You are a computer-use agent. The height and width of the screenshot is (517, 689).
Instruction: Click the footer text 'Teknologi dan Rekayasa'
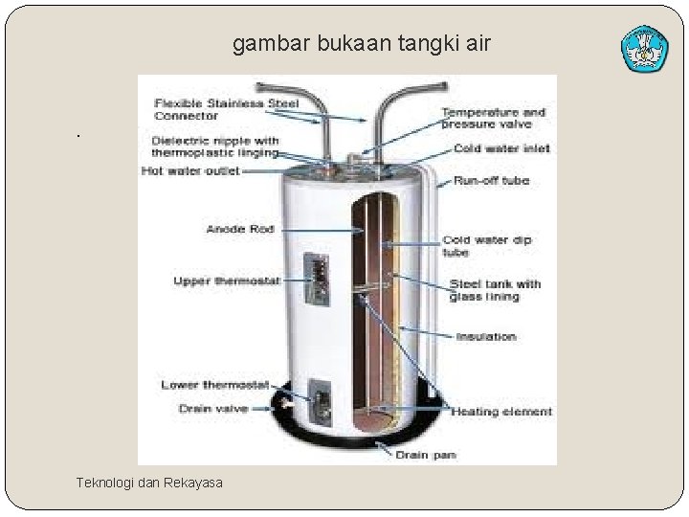pos(149,483)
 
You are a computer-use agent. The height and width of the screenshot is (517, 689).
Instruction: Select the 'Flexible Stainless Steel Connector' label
pos(226,109)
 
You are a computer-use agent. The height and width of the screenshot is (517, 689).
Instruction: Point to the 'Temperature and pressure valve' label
pos(493,118)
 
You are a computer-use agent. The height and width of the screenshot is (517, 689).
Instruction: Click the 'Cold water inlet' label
pos(501,148)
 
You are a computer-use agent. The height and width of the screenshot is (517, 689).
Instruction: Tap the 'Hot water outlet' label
pos(189,171)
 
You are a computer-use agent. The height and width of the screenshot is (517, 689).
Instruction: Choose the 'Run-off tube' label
pos(491,180)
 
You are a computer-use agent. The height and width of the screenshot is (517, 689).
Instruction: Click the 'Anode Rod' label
pos(240,229)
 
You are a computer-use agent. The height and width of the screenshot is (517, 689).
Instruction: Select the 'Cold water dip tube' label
pos(486,246)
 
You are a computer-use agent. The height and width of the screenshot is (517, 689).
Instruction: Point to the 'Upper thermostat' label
pos(227,281)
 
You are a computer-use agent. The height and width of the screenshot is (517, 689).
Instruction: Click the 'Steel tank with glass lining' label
pos(495,290)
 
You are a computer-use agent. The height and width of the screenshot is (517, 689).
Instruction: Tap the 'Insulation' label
pos(486,336)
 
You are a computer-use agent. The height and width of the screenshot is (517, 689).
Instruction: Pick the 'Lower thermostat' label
pos(214,385)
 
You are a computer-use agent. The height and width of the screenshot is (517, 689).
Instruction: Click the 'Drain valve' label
pos(213,409)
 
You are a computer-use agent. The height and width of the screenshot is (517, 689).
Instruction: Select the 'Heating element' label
pos(501,412)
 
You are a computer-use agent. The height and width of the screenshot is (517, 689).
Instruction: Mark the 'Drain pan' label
pos(426,455)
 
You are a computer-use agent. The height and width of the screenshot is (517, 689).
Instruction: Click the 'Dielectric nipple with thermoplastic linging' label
pos(215,146)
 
